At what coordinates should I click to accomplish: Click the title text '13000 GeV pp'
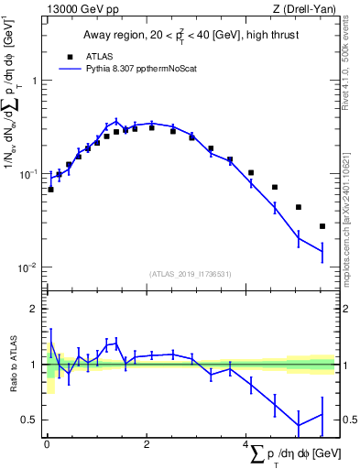click(77, 10)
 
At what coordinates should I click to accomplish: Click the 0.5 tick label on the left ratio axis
click(28, 420)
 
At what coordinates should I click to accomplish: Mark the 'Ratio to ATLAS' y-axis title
click(11, 365)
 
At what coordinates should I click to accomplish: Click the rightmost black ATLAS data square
click(322, 226)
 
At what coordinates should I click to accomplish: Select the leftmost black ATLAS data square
click(50, 190)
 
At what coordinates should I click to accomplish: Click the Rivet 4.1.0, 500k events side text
click(352, 55)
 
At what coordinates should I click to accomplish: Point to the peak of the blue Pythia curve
click(116, 120)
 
